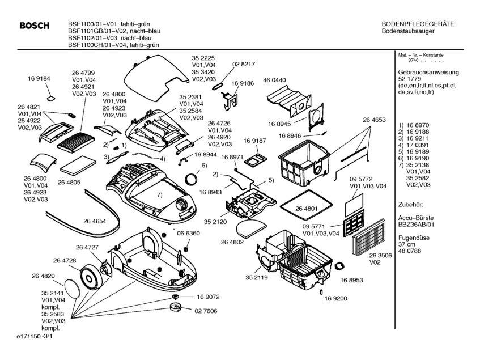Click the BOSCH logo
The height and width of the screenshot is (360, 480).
34,26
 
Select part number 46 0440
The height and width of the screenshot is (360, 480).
274,80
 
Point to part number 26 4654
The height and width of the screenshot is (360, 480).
95,221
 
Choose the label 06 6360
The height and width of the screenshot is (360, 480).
188,234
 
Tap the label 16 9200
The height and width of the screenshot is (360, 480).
336,298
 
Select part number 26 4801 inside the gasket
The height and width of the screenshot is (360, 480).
307,208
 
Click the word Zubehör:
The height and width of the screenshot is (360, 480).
412,202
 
